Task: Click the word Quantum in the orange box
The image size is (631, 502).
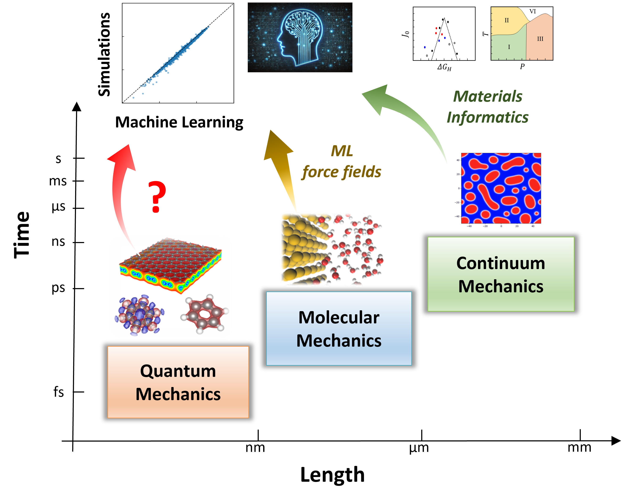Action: (178, 371)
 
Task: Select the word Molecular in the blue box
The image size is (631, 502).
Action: (339, 317)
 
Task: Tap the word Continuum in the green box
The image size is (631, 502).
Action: (501, 263)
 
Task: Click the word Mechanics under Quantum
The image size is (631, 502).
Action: (178, 394)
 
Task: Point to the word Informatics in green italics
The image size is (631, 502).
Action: (487, 118)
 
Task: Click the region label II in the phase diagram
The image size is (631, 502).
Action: (507, 21)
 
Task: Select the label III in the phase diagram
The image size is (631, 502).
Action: (540, 39)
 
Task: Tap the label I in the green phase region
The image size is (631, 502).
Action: (509, 47)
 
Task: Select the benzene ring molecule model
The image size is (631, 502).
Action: (205, 314)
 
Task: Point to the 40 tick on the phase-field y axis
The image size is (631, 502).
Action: (458, 160)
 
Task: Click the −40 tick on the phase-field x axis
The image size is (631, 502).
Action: (469, 226)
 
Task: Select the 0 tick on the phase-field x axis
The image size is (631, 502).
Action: (501, 226)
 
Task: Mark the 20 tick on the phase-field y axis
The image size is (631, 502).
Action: (458, 174)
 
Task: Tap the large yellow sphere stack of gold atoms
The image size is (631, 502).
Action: (301, 249)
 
